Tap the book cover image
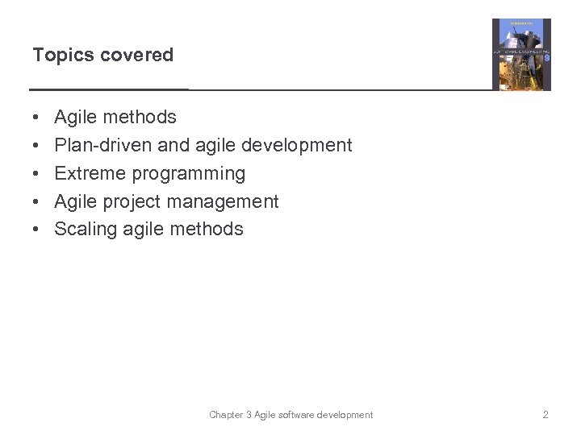point(521,55)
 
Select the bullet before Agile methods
point(38,118)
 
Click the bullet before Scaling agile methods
point(38,230)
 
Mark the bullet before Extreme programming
point(38,174)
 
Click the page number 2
point(545,415)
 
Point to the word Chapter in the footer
point(227,415)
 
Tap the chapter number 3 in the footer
point(249,415)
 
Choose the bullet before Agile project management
point(38,202)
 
